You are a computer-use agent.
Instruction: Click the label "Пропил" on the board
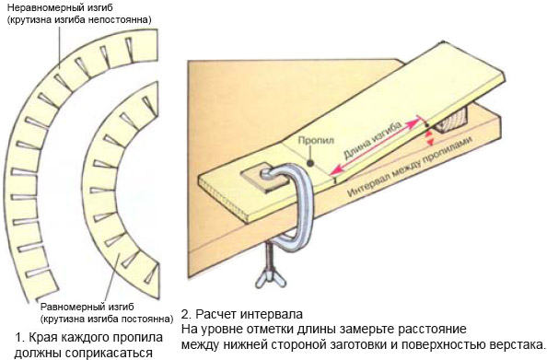[x=316, y=141]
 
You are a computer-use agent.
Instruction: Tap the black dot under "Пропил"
[x=309, y=163]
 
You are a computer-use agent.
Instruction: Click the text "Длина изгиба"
[x=372, y=140]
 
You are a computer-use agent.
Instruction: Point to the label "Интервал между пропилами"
[x=411, y=166]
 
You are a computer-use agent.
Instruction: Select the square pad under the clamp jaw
[x=259, y=180]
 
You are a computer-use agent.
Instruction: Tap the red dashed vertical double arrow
[x=430, y=138]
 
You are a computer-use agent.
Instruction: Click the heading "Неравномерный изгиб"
[x=61, y=7]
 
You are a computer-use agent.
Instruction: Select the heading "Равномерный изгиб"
[x=87, y=308]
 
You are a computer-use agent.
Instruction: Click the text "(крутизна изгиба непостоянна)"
[x=79, y=19]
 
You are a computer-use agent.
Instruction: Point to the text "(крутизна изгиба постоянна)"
[x=107, y=319]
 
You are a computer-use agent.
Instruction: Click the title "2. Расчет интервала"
[x=242, y=314]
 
